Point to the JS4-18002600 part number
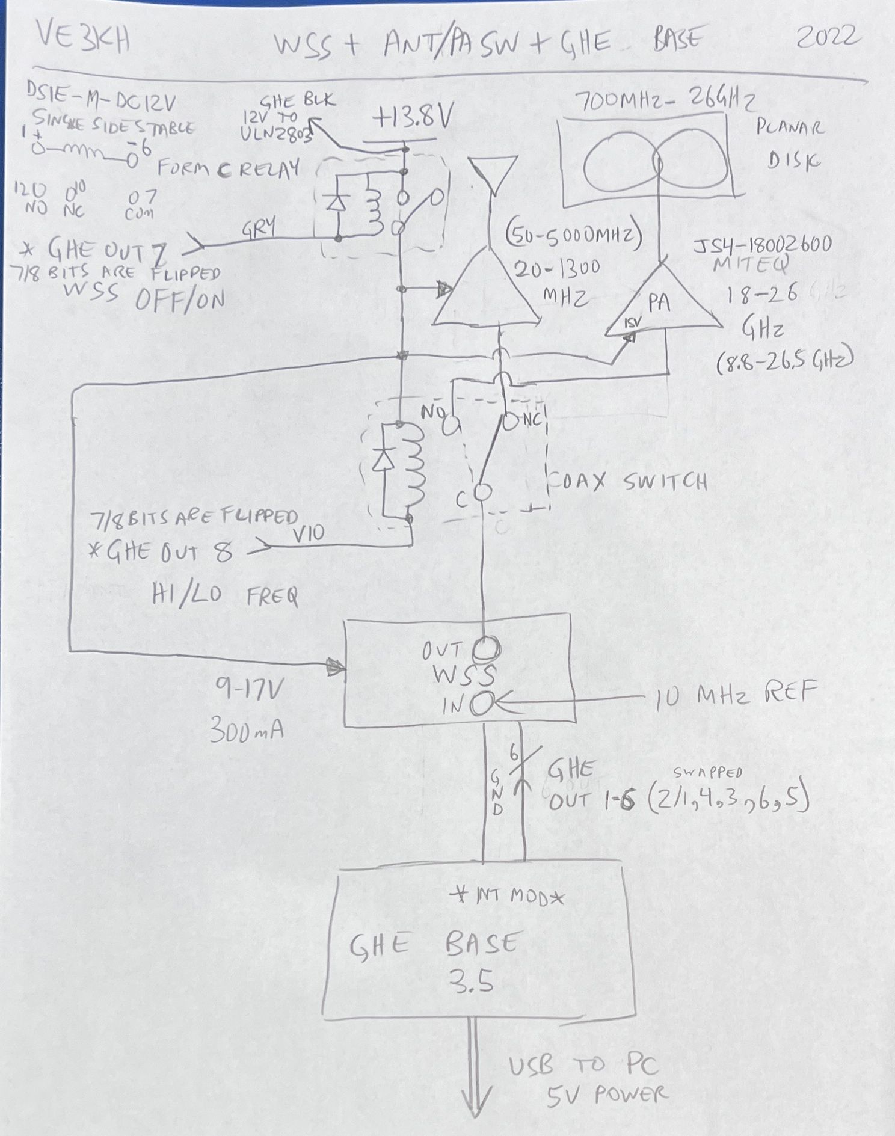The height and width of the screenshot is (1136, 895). [763, 245]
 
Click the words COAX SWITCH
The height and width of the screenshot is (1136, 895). [628, 481]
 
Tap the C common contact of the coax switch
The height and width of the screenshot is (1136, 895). [481, 492]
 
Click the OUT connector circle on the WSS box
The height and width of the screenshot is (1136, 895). [486, 649]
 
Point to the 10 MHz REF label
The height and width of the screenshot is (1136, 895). [730, 695]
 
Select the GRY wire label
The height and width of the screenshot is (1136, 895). [259, 228]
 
